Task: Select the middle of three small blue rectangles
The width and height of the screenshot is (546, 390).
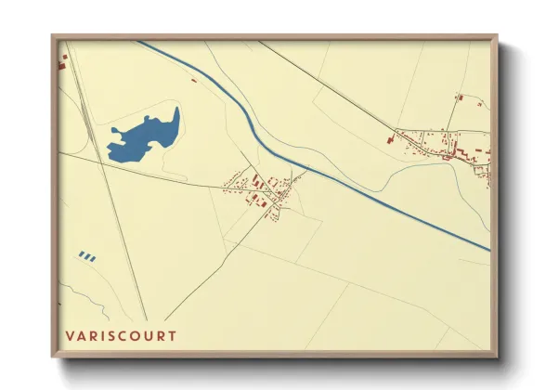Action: pos(87,255)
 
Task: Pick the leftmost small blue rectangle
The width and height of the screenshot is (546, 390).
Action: pos(82,255)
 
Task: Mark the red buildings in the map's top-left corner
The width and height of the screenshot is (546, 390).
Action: pos(63,63)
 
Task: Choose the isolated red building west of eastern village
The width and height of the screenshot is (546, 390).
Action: pos(390,140)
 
